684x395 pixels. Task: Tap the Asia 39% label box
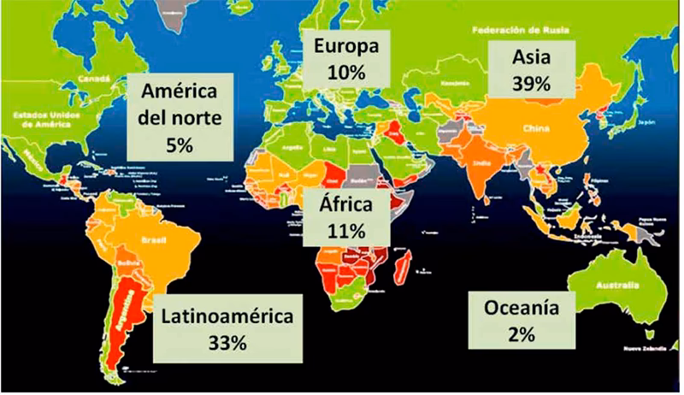click(530, 71)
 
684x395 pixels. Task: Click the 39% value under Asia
click(530, 85)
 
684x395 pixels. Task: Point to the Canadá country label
click(95, 78)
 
